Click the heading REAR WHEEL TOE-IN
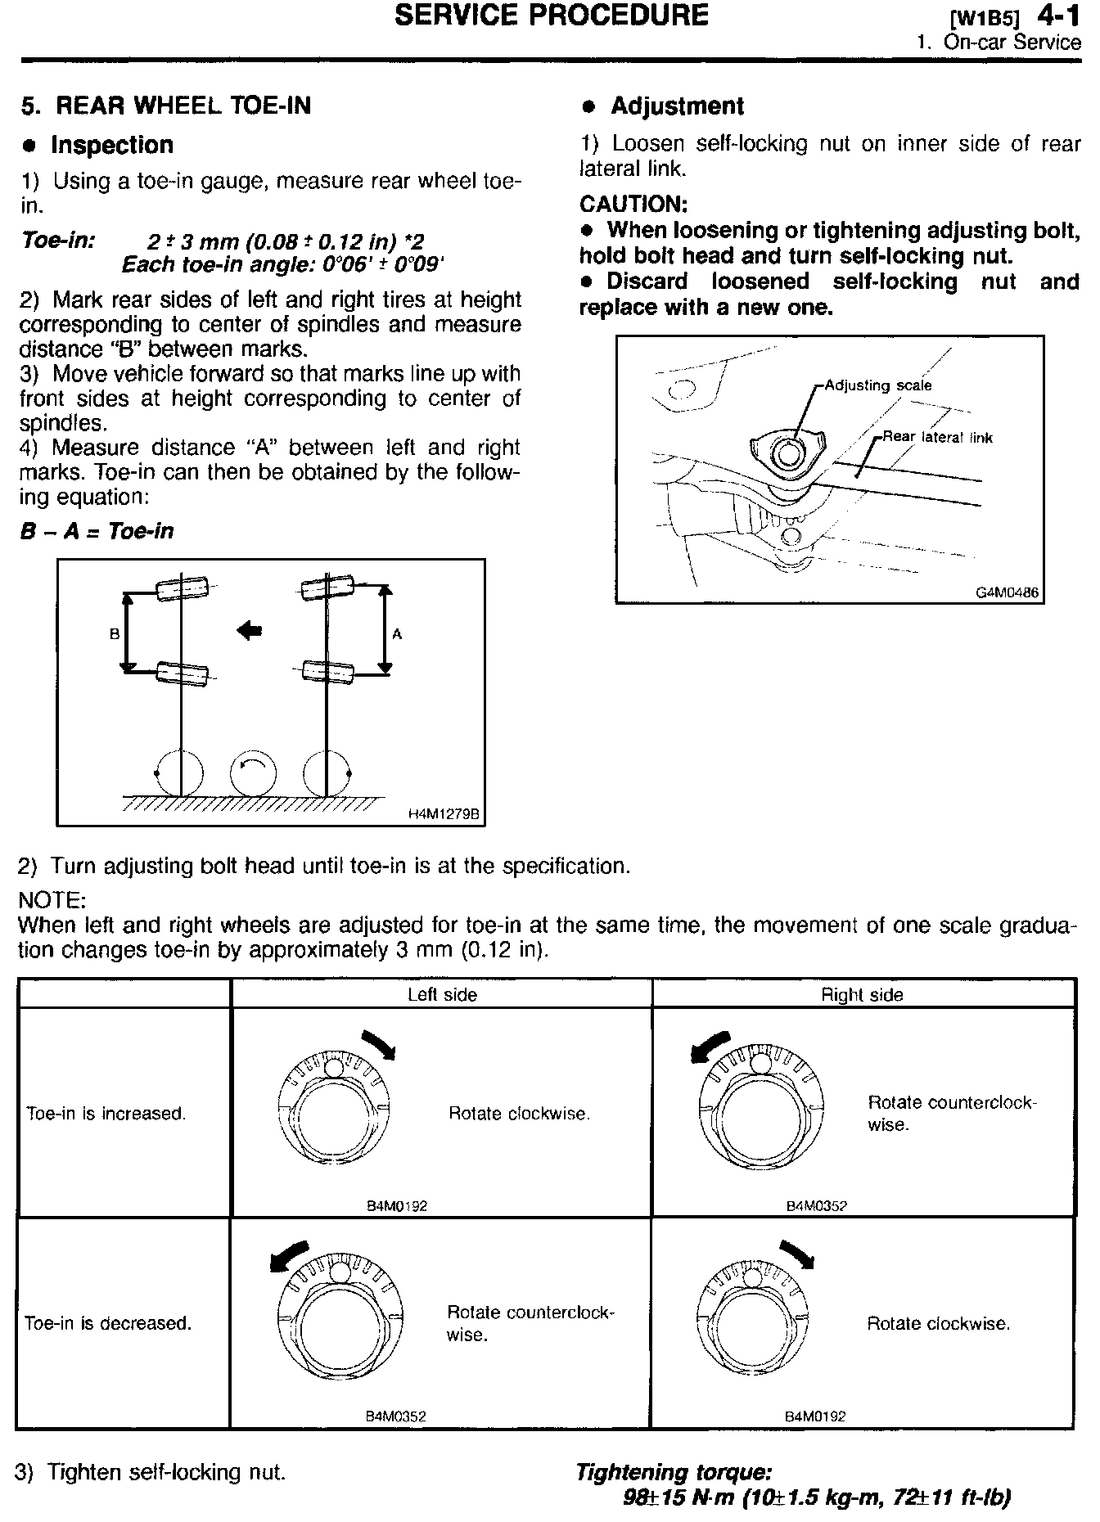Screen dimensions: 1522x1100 point(181,106)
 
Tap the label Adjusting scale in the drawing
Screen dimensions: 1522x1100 point(877,385)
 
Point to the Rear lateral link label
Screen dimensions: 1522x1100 point(937,437)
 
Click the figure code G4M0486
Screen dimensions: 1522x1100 point(1007,592)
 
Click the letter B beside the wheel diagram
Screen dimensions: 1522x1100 point(115,633)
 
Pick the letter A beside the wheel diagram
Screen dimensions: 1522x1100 point(398,633)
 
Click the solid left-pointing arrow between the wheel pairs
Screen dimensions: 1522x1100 point(249,630)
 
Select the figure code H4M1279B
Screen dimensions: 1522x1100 point(443,814)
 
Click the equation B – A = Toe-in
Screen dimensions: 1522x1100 point(97,531)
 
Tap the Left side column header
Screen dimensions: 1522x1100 point(442,994)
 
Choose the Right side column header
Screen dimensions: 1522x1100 point(862,994)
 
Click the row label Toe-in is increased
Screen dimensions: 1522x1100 point(106,1114)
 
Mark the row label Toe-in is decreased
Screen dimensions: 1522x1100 point(108,1323)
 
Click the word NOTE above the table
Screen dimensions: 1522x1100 point(52,901)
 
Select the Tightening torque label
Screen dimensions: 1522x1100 point(674,1473)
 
